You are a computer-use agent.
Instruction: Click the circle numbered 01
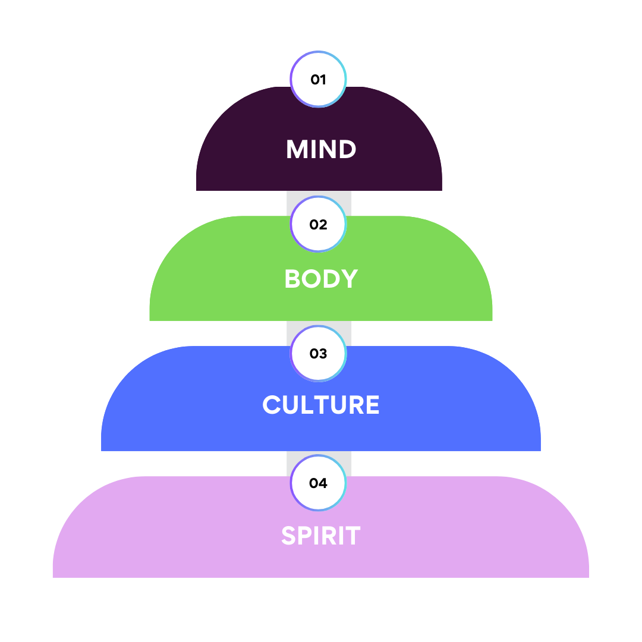coord(318,79)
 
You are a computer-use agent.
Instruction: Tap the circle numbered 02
coord(318,225)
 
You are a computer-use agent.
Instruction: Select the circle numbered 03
coord(318,354)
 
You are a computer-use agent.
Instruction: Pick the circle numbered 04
coord(318,483)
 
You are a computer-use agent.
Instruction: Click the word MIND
coord(321,149)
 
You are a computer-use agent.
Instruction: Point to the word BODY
coord(321,279)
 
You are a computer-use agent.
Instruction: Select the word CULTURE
coord(321,405)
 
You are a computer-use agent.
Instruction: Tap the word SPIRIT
coord(321,536)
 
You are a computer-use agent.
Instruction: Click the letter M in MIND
coord(297,149)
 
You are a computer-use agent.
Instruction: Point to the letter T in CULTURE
coord(322,405)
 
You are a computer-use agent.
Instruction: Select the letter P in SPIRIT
coord(307,536)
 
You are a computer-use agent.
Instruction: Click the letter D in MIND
coord(346,149)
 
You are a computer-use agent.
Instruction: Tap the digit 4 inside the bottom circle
coord(323,483)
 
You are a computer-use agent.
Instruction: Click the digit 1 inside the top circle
coord(323,79)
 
